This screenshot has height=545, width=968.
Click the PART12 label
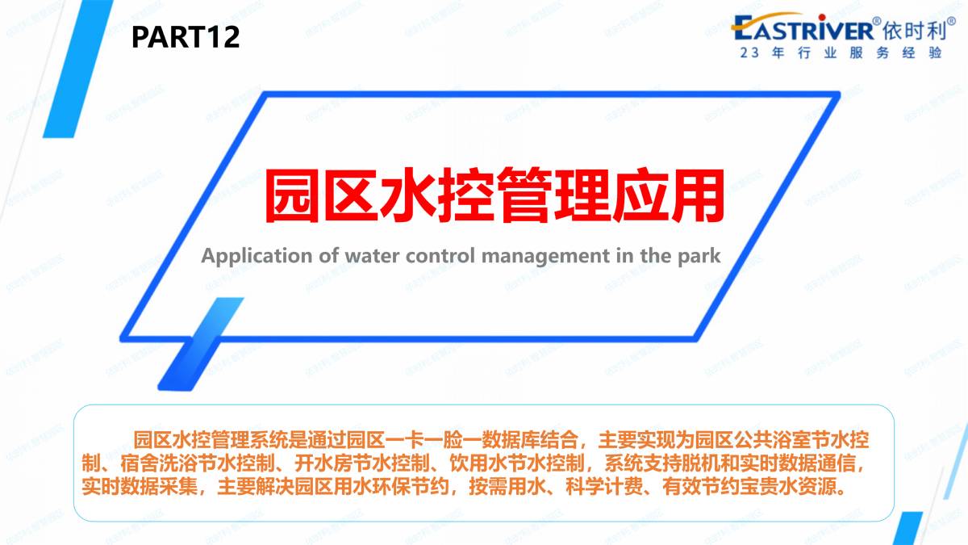pyautogui.click(x=186, y=37)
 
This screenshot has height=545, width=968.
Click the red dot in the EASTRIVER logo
pyautogui.click(x=822, y=17)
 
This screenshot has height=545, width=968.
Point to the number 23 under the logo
pyautogui.click(x=749, y=52)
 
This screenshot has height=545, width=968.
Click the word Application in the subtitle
pyautogui.click(x=257, y=256)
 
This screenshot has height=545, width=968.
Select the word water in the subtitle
pyautogui.click(x=372, y=256)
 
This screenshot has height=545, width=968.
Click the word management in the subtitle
pyautogui.click(x=545, y=257)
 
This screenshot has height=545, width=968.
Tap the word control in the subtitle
pyautogui.click(x=440, y=256)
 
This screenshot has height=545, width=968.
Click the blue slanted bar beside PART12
pyautogui.click(x=78, y=69)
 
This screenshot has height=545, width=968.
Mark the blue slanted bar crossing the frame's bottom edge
pyautogui.click(x=201, y=344)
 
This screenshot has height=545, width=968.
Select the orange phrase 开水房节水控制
pyautogui.click(x=362, y=463)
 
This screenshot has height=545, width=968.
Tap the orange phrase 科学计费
pyautogui.click(x=604, y=487)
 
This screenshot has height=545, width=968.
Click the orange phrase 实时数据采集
pyautogui.click(x=140, y=487)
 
